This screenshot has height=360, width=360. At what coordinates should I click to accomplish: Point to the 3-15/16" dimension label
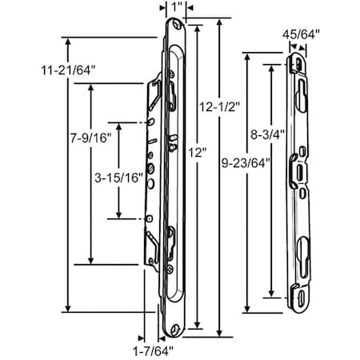(118, 178)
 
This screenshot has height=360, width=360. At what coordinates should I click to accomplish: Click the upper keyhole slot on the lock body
(170, 94)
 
